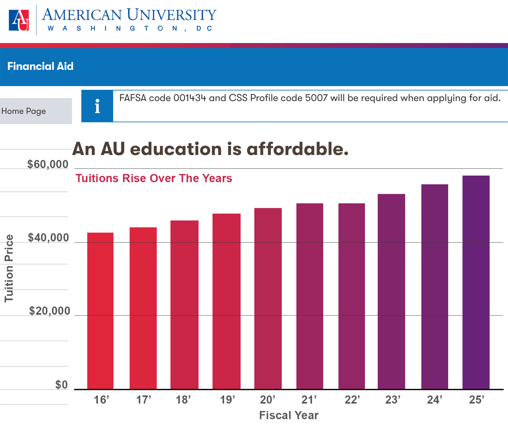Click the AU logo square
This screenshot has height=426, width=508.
pos(19,20)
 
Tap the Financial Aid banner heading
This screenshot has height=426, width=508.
pos(40,66)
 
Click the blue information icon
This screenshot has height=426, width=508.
pos(97,106)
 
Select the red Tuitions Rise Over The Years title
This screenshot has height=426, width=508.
pos(154,178)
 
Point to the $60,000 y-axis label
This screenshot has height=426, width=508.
pos(48,164)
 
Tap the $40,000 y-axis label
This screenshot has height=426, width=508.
pos(48,238)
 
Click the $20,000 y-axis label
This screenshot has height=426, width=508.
pos(49,311)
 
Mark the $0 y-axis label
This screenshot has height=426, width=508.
pos(62,385)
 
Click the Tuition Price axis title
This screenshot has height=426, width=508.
pos(9,268)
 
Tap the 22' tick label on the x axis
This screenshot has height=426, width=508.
pos(352,400)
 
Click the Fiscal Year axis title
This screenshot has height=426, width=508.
pos(289,415)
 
